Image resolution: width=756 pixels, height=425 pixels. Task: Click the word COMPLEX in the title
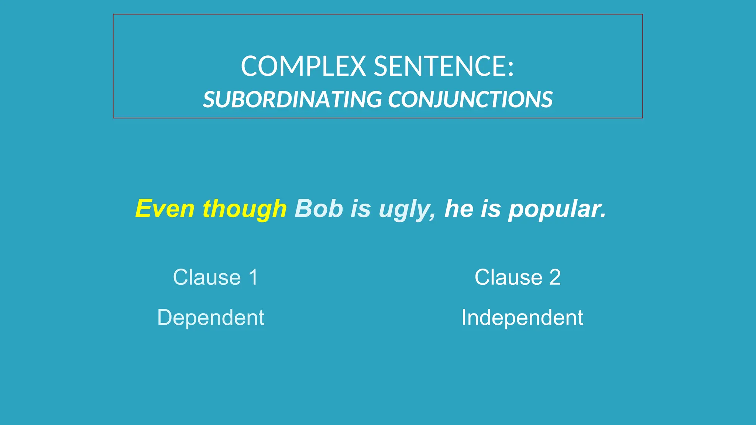(303, 66)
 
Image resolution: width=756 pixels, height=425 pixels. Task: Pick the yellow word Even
(165, 209)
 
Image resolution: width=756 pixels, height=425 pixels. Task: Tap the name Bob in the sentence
(319, 209)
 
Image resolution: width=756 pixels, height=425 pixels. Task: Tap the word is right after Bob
(361, 209)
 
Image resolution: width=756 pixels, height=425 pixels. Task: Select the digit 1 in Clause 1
(253, 277)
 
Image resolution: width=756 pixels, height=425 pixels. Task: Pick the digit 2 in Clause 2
(555, 277)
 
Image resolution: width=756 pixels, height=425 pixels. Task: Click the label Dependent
(211, 318)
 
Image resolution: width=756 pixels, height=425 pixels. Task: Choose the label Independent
(522, 318)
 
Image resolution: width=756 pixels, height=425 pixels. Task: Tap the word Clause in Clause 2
(508, 277)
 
